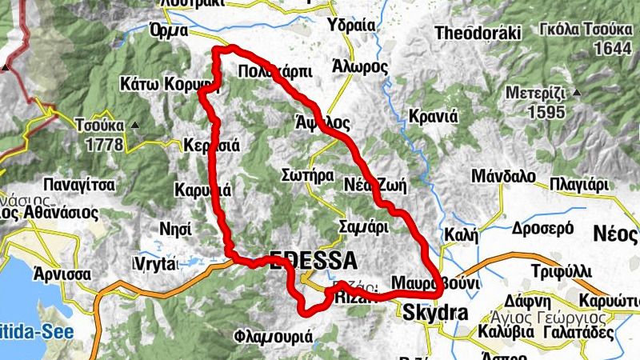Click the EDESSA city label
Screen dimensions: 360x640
tap(314, 260)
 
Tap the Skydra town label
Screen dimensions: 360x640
tap(435, 313)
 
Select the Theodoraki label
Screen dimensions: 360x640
tap(478, 34)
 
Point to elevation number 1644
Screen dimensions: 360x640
tap(614, 49)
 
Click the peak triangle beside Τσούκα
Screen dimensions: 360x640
tap(134, 126)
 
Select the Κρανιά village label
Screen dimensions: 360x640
tap(432, 115)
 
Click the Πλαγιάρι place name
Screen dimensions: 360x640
tap(579, 185)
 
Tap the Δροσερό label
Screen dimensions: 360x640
tap(514, 228)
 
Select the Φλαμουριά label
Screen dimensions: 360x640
tap(274, 337)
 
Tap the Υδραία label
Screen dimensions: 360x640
tap(351, 26)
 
